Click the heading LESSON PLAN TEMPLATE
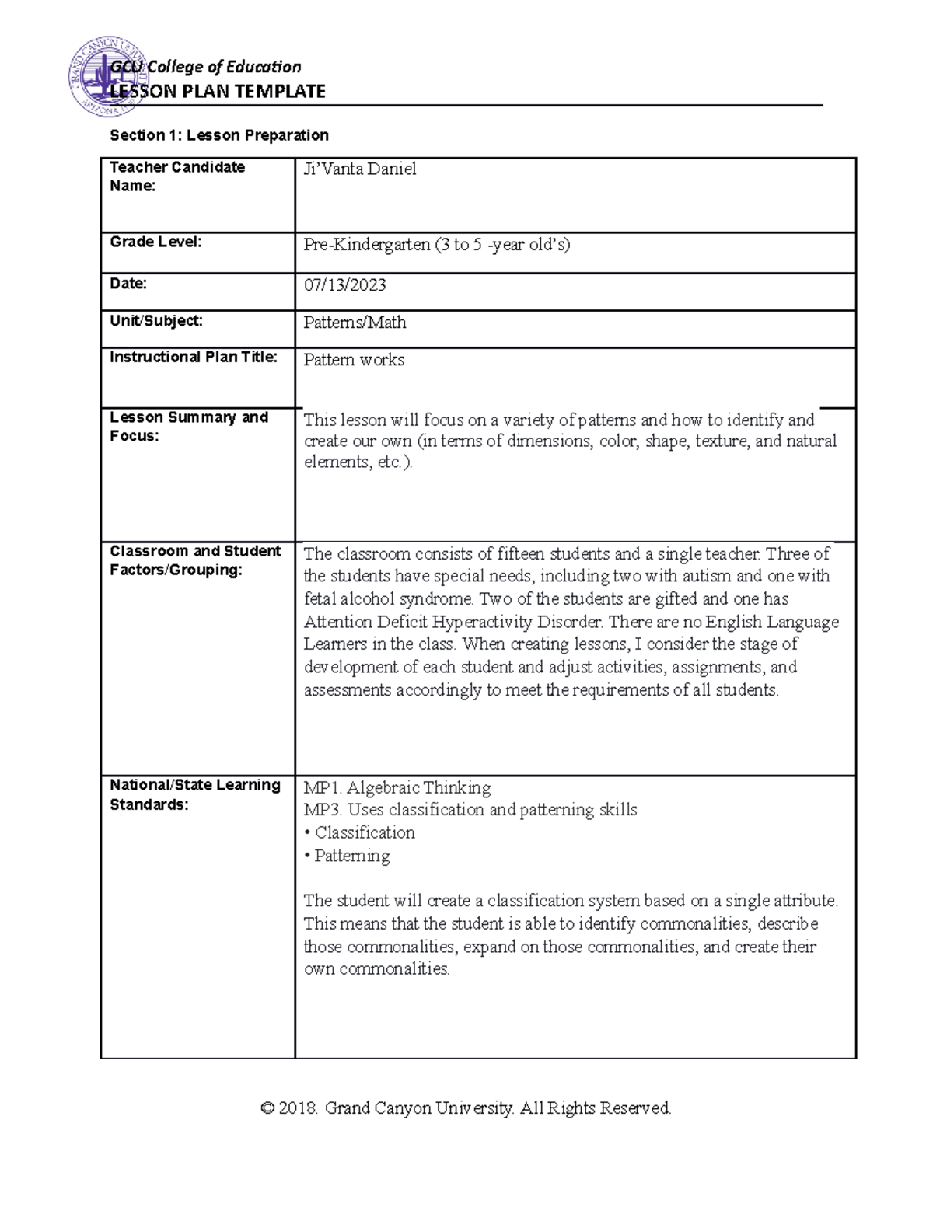(218, 92)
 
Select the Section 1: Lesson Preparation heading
(219, 135)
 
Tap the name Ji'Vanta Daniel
(359, 169)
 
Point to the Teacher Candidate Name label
(177, 176)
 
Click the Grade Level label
(155, 242)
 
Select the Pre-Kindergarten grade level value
(436, 245)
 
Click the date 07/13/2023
(344, 285)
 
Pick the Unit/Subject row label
(155, 320)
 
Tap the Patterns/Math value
(355, 323)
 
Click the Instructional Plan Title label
(193, 358)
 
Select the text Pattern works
(354, 360)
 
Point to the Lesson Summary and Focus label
(189, 427)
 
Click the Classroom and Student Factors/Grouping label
(195, 560)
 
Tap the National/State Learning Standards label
(195, 794)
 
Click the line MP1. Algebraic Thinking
(397, 788)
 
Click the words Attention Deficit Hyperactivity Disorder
(453, 622)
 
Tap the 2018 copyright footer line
(466, 1108)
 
